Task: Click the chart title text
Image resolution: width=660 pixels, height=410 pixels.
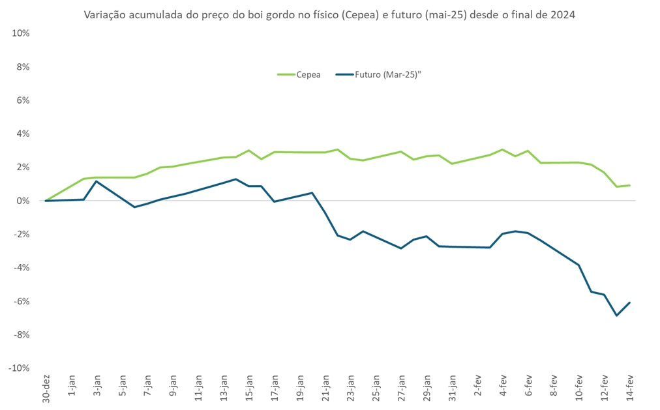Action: [329, 14]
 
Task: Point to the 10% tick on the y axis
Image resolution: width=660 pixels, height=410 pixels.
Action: [22, 33]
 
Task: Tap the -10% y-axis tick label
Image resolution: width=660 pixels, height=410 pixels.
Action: [20, 368]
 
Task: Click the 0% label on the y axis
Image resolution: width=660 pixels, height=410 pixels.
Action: [23, 201]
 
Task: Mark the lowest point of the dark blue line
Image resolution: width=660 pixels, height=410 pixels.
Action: [616, 315]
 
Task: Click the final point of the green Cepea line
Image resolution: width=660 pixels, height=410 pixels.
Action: [629, 186]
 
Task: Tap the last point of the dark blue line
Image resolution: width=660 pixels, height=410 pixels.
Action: [629, 302]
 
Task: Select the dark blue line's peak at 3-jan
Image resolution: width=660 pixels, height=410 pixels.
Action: [97, 181]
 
